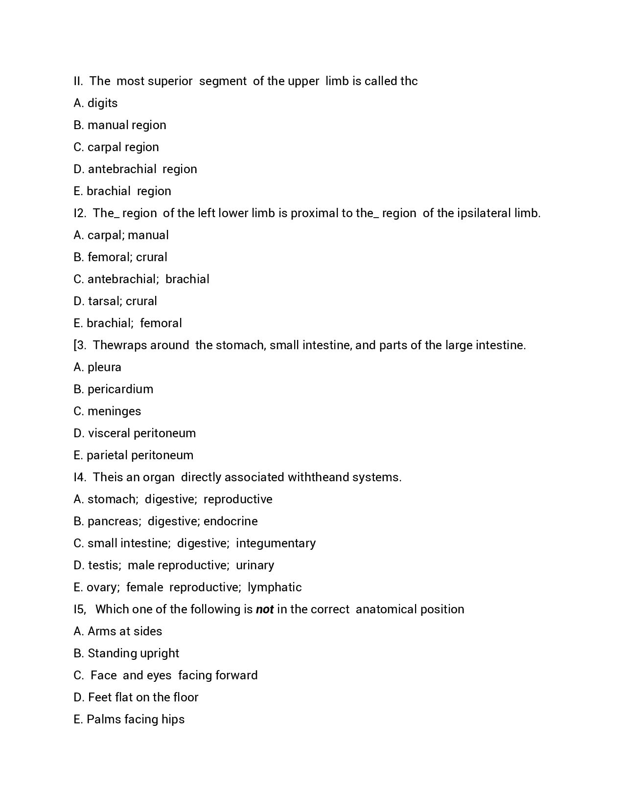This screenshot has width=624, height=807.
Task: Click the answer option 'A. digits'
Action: click(x=95, y=103)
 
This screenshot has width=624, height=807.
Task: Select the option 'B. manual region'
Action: click(x=120, y=125)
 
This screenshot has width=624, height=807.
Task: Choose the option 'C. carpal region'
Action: click(x=116, y=147)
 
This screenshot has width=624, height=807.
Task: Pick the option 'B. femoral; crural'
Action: click(x=120, y=257)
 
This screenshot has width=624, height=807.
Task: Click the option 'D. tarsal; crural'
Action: click(x=115, y=301)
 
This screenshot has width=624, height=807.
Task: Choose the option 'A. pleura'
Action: click(x=97, y=367)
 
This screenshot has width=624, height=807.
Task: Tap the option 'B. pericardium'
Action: click(x=113, y=389)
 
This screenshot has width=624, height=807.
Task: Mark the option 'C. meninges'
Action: click(x=107, y=411)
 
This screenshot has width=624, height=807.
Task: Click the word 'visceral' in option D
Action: click(x=109, y=433)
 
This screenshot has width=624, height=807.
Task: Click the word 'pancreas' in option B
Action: click(x=113, y=521)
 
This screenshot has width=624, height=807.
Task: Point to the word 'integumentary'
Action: click(x=276, y=543)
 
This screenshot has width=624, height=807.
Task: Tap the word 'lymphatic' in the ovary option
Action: click(x=275, y=587)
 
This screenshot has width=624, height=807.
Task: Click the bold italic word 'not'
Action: click(x=264, y=609)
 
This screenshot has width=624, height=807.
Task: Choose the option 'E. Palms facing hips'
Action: click(x=129, y=719)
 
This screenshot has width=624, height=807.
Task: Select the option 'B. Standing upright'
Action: click(x=126, y=653)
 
